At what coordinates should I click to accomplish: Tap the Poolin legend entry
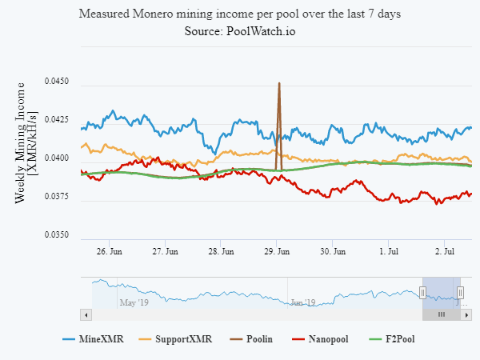pos(258,339)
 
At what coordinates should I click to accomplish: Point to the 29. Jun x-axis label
pos(276,251)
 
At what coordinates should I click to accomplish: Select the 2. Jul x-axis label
pos(445,251)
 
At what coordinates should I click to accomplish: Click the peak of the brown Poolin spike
pos(278,83)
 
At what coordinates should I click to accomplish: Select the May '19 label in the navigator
pos(134,302)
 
